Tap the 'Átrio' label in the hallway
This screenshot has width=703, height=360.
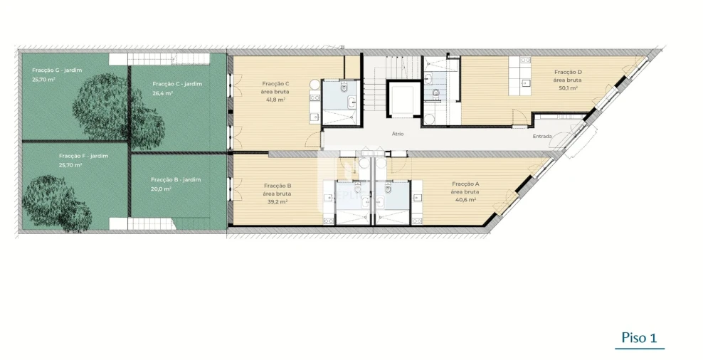[x=398, y=133]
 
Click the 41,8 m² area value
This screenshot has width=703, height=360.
[x=275, y=100]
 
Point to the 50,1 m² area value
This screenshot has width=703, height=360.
[x=567, y=88]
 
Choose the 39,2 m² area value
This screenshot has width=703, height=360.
[x=276, y=201]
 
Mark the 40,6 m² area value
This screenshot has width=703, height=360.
[x=466, y=200]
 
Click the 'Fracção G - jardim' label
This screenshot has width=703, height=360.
[x=55, y=70]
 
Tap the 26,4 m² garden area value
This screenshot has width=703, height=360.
[x=162, y=93]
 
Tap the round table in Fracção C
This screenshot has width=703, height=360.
[x=314, y=85]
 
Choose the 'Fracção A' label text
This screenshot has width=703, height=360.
[x=465, y=184]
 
